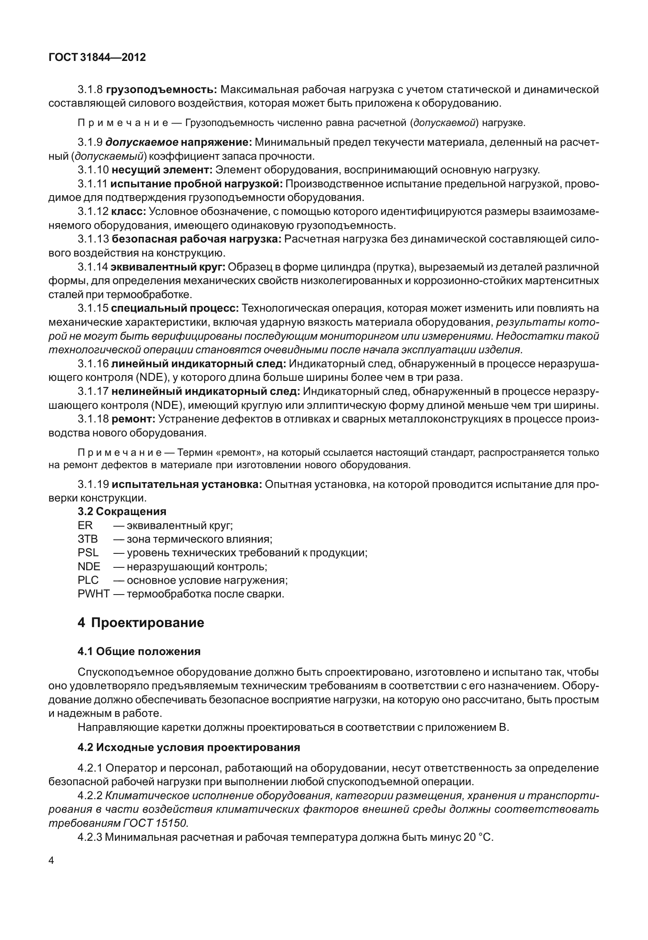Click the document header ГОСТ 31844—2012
tap(97, 58)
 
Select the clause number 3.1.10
tap(93, 170)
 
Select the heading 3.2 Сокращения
tap(122, 511)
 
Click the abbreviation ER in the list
tap(85, 525)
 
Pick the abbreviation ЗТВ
tap(88, 539)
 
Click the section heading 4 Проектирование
tap(141, 623)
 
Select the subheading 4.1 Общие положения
tap(139, 651)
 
